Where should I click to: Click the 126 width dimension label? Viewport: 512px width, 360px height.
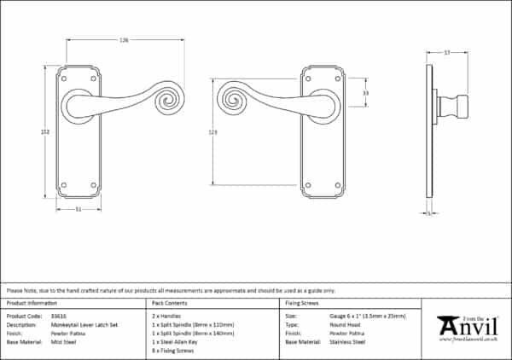click(x=125, y=39)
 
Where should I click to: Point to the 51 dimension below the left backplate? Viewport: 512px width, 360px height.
click(x=79, y=209)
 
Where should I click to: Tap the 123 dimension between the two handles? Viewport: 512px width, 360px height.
click(x=212, y=131)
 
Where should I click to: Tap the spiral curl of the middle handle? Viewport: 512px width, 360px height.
click(x=233, y=98)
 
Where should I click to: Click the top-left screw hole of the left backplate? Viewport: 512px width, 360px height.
click(x=65, y=78)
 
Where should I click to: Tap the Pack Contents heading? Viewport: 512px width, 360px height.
click(x=169, y=303)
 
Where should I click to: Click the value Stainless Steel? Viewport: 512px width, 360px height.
click(x=347, y=341)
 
